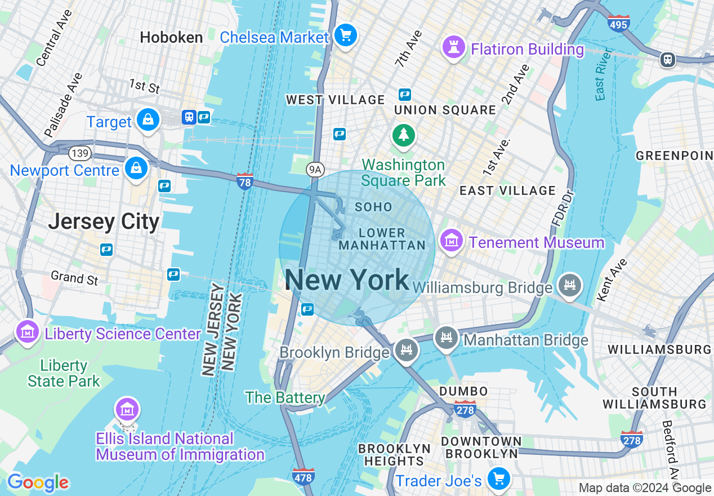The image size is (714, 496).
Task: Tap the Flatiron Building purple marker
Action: pyautogui.click(x=453, y=47)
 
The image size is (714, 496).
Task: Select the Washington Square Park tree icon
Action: pyautogui.click(x=404, y=135)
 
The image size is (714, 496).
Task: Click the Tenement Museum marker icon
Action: pyautogui.click(x=452, y=241)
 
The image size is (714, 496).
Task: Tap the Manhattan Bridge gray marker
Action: pyautogui.click(x=446, y=338)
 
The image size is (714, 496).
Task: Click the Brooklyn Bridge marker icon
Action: pyautogui.click(x=405, y=351)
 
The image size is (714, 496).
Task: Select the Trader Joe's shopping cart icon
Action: pyautogui.click(x=498, y=479)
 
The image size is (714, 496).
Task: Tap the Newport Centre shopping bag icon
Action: pyautogui.click(x=136, y=169)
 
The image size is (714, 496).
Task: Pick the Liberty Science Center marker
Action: pyautogui.click(x=27, y=332)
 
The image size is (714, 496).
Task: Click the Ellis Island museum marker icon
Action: pyautogui.click(x=127, y=409)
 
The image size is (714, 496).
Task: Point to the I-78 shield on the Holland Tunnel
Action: pyautogui.click(x=244, y=181)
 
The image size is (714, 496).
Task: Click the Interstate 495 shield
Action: pyautogui.click(x=618, y=23)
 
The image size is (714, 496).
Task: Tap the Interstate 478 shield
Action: pyautogui.click(x=304, y=476)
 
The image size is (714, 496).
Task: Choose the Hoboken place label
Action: pyautogui.click(x=171, y=38)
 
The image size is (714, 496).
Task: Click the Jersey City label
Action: pyautogui.click(x=104, y=222)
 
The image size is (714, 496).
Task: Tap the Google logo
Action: pyautogui.click(x=38, y=482)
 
